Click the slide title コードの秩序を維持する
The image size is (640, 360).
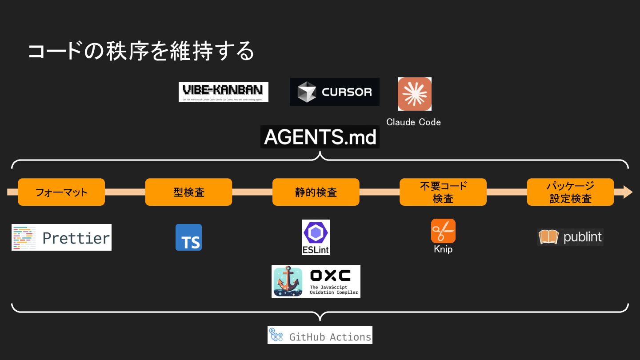click(141, 51)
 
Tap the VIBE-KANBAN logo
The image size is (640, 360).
click(223, 92)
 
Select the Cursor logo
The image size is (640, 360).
click(334, 92)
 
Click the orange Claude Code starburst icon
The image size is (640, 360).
click(414, 94)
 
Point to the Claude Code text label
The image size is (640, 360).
click(413, 122)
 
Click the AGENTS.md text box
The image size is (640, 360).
click(320, 137)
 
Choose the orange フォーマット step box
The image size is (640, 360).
click(61, 192)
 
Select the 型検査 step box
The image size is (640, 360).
click(188, 192)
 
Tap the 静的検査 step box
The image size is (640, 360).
click(316, 192)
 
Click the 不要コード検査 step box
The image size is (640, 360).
click(443, 192)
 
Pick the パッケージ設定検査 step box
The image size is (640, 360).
click(570, 192)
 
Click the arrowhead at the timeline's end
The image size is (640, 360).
click(627, 192)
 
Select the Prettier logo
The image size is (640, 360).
click(61, 237)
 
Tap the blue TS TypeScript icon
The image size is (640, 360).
click(188, 237)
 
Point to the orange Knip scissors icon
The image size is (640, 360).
click(443, 231)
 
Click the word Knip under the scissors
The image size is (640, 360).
click(443, 249)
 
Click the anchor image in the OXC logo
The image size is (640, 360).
click(288, 282)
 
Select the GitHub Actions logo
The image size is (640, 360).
click(320, 335)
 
